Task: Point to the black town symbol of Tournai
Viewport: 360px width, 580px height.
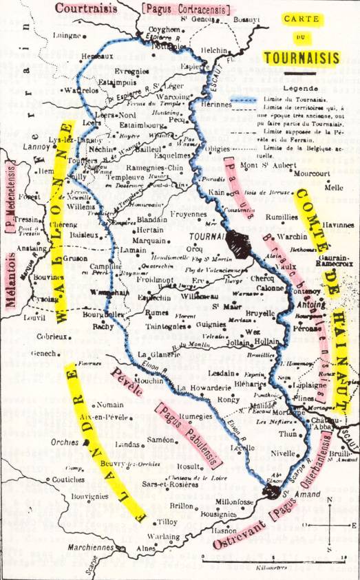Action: [x=240, y=242]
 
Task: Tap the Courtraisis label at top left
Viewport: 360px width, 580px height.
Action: [x=85, y=8]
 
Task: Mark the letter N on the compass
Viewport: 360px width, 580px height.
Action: [x=330, y=500]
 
